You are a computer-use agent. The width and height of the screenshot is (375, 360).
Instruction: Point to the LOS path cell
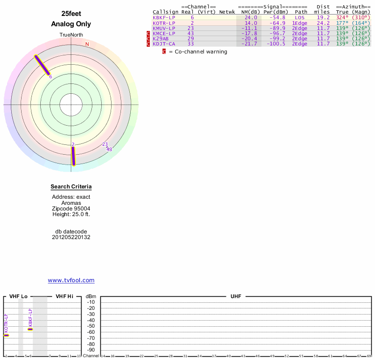coord(300,17)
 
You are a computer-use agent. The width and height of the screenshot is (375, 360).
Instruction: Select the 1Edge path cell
coord(300,23)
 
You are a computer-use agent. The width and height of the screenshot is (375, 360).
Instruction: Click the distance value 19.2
coord(323,17)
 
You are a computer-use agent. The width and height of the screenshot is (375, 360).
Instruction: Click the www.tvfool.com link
coord(71,280)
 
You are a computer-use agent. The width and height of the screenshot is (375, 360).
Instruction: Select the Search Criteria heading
coord(71,187)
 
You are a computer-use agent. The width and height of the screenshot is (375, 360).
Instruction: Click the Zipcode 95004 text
coord(71,209)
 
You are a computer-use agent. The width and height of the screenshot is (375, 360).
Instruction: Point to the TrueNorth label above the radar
coord(71,35)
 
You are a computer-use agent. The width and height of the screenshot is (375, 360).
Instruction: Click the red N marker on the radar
coord(87,45)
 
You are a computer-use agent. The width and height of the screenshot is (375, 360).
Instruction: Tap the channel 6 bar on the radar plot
coord(41,65)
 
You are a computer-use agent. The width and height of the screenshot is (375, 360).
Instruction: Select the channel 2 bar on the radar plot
coord(73,156)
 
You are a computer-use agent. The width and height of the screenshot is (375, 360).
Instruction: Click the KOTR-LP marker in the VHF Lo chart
coord(6,335)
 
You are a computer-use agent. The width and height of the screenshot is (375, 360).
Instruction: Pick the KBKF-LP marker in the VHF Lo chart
coord(30,329)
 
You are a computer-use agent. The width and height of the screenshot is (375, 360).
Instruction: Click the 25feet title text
coord(71,14)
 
